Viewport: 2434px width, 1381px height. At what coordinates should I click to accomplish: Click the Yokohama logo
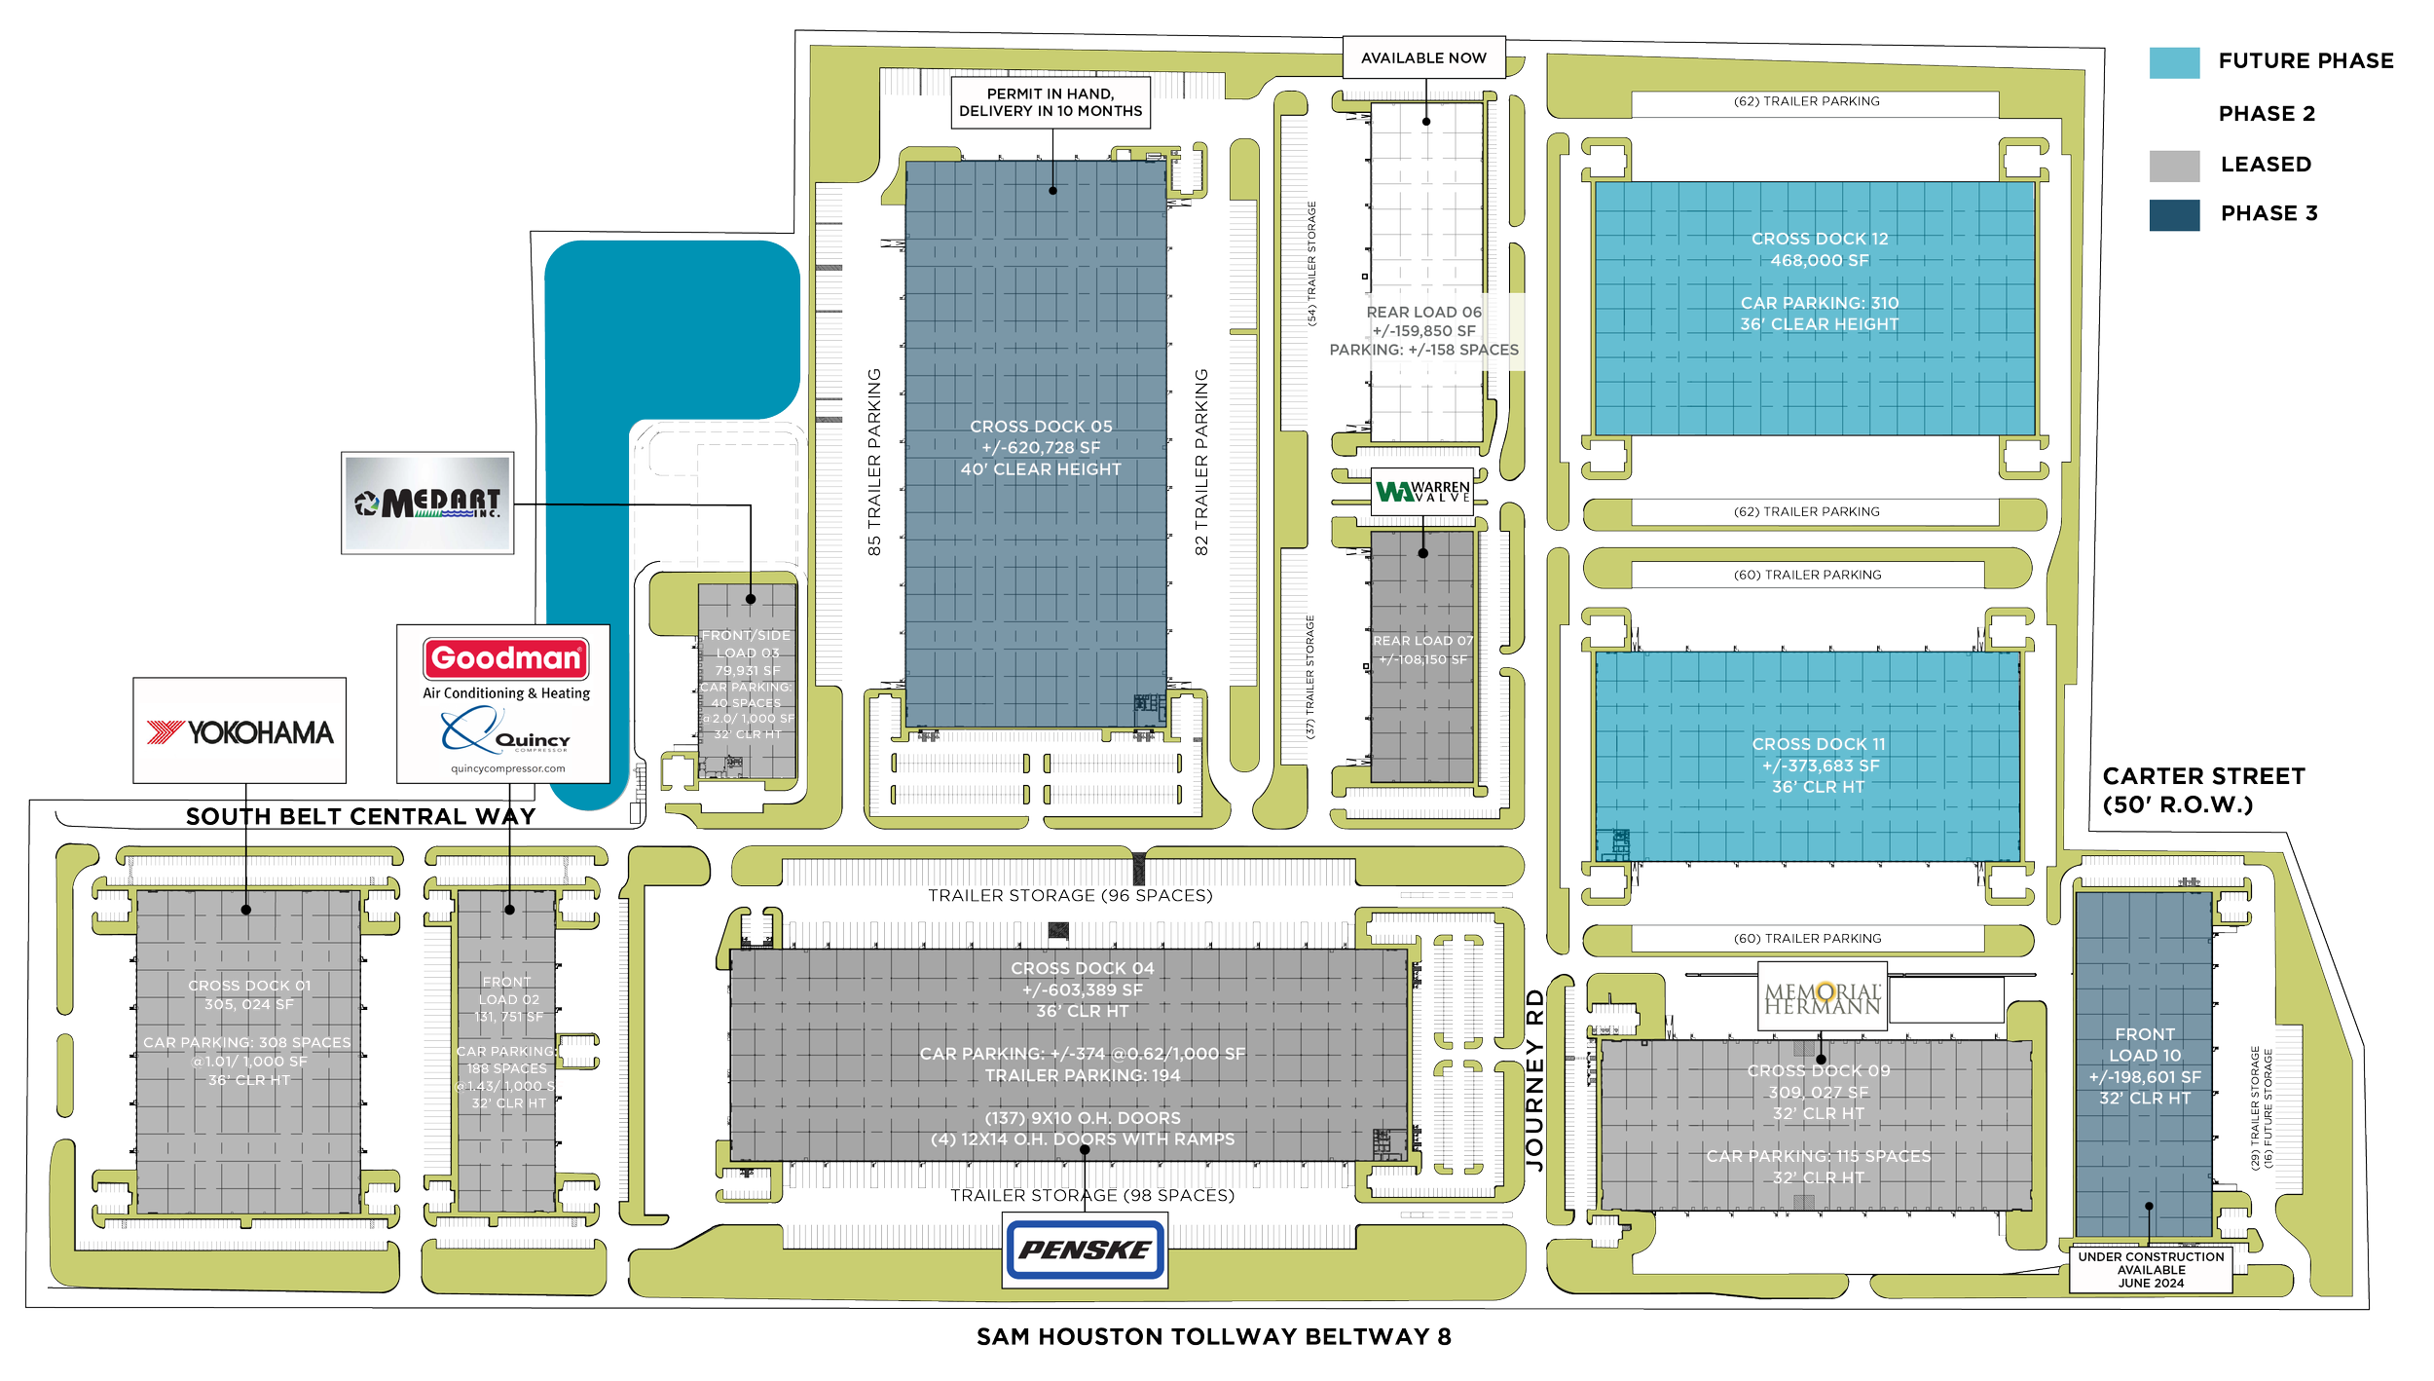(x=240, y=731)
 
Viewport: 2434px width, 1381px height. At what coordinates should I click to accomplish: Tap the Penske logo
(x=1085, y=1250)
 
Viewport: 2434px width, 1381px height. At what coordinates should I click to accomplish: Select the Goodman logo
(x=505, y=659)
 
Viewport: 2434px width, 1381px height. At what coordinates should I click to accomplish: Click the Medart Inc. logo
(x=427, y=503)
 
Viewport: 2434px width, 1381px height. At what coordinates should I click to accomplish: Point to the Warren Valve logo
(x=1422, y=492)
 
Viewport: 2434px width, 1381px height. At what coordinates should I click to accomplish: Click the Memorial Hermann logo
(x=1823, y=998)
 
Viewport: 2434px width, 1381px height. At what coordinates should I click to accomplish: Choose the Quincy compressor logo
(x=505, y=732)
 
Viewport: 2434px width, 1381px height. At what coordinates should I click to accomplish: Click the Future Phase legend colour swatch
(x=2174, y=62)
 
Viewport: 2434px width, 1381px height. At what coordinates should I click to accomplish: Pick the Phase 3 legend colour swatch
(x=2174, y=215)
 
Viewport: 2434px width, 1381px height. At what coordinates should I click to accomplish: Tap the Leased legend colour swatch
(x=2174, y=166)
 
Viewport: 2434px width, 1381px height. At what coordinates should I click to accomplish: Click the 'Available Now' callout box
(x=1423, y=58)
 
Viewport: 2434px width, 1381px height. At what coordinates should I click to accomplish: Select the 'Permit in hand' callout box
(x=1051, y=102)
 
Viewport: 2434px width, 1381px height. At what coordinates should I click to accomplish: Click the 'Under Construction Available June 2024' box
(x=2151, y=1270)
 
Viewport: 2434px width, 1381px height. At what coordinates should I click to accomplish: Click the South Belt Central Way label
(x=360, y=816)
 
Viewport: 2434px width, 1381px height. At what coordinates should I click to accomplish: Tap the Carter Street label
(x=2202, y=790)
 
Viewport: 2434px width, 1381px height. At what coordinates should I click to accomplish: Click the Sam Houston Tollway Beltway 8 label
(x=1213, y=1336)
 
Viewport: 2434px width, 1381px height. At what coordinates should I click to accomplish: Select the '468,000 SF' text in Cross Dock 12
(x=1819, y=261)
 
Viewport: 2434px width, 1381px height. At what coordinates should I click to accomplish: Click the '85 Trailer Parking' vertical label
(x=874, y=463)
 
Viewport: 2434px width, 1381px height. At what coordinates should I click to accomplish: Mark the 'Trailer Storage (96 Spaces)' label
(x=1070, y=895)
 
